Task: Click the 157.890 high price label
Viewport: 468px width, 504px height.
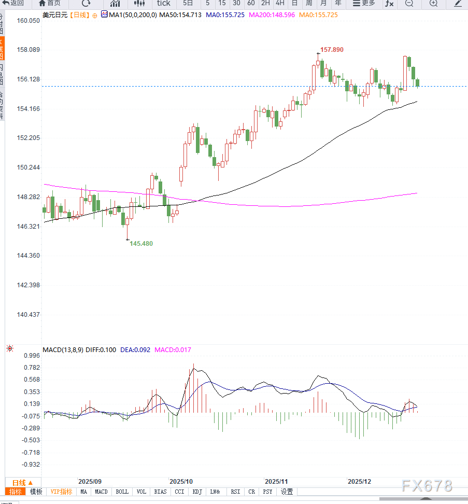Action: coord(332,50)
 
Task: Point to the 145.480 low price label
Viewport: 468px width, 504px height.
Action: coord(141,243)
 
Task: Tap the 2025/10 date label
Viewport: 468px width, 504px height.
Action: coord(181,481)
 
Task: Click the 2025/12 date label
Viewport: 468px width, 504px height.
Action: coord(359,481)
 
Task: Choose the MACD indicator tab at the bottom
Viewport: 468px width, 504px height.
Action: coord(102,492)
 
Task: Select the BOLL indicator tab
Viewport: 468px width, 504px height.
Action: coord(122,492)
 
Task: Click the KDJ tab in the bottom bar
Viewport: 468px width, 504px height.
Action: coord(197,492)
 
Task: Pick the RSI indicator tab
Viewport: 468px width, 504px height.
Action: coord(235,492)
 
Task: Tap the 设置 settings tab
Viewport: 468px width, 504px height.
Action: coord(287,492)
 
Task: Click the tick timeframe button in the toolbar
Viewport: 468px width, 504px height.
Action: coord(163,3)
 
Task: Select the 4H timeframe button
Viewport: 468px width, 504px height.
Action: coord(280,3)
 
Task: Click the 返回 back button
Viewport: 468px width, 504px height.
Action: coord(13,3)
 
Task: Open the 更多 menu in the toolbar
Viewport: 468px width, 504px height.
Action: coord(363,3)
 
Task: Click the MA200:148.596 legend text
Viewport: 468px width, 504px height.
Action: coord(272,15)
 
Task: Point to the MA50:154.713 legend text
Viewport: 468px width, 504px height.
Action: coord(180,15)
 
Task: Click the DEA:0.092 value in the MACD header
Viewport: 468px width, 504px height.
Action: coord(135,350)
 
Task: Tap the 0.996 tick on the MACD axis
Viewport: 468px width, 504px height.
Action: coord(32,356)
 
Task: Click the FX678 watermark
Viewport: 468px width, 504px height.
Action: coord(427,486)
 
